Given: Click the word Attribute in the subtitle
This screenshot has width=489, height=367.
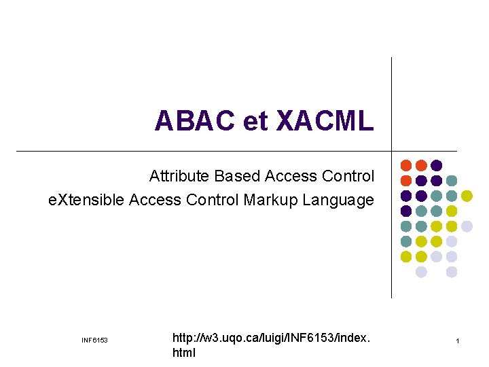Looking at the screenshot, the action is (x=179, y=177).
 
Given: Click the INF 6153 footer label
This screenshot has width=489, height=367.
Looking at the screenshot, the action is (x=94, y=340).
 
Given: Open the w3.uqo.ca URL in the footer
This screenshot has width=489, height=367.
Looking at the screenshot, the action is (x=272, y=337).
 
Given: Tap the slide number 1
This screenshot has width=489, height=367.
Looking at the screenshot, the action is (x=458, y=340).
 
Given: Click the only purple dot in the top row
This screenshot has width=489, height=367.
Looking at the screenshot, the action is (x=437, y=165).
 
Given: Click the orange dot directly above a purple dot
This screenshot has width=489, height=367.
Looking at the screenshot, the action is (x=421, y=165).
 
